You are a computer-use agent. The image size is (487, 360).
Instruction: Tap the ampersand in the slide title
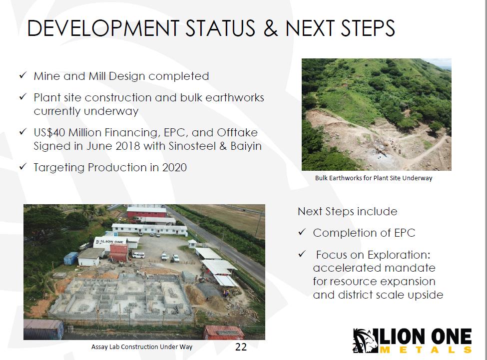(x=271, y=28)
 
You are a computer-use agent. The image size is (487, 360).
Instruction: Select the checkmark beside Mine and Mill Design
(x=22, y=75)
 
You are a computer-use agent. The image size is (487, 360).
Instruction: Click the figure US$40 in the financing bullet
(x=49, y=132)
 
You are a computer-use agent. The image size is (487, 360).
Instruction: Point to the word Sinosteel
(x=192, y=146)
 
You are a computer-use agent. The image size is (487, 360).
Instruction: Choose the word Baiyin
(x=246, y=146)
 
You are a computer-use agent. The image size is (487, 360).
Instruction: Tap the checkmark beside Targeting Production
(x=22, y=167)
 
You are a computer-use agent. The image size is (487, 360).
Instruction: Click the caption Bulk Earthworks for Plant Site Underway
(x=374, y=178)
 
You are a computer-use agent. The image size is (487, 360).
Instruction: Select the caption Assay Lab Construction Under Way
(x=142, y=347)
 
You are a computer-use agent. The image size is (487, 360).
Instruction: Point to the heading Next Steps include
(x=348, y=211)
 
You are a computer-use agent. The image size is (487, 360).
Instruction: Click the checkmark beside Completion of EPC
(x=302, y=232)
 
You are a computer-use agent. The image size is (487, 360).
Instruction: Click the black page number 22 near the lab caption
(x=241, y=347)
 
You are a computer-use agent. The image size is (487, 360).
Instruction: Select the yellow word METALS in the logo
(x=426, y=350)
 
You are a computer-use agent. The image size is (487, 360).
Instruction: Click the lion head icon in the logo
(x=365, y=341)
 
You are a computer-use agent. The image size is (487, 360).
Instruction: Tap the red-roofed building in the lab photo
(x=146, y=213)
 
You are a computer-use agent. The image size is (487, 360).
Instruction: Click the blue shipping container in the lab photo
(x=71, y=258)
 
